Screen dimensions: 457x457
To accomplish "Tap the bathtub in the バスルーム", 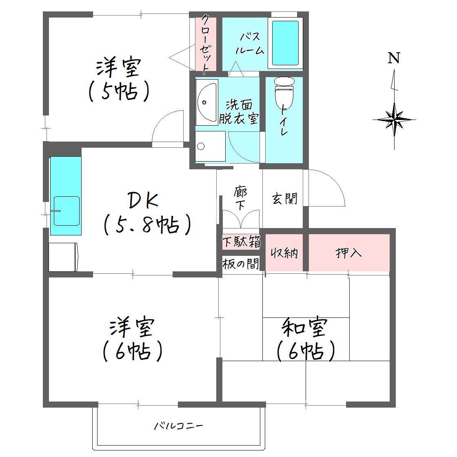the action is point(285,43).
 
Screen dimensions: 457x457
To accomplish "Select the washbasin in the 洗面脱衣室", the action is point(206,102).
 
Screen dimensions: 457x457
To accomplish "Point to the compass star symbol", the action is point(394,120).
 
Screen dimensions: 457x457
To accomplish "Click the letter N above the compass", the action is point(394,58).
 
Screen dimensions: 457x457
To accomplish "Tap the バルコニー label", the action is point(178,426).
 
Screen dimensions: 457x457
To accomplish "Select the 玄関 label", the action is point(285,199).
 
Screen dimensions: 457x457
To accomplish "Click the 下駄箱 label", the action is point(241,242).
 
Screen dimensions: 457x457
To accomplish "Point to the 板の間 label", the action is point(241,264).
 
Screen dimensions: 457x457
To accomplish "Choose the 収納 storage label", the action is point(284,253).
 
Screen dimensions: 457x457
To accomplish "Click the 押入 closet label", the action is point(348,253).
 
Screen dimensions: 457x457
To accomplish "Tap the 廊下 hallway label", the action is point(241,198).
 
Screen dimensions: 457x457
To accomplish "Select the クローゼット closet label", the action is point(206,44).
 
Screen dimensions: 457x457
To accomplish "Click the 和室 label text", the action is point(305,327).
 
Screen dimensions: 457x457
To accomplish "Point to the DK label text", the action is point(143,200).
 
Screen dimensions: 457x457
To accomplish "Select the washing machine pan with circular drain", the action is point(210,146).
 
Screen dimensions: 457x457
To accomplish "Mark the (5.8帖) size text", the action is point(147,225).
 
